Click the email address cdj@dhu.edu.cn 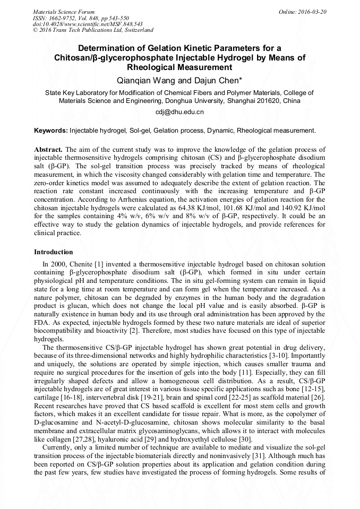179,112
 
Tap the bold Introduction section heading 53,252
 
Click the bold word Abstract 48,150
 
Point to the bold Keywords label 50,130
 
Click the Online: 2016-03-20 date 303,11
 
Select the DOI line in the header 87,24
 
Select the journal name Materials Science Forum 64,11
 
